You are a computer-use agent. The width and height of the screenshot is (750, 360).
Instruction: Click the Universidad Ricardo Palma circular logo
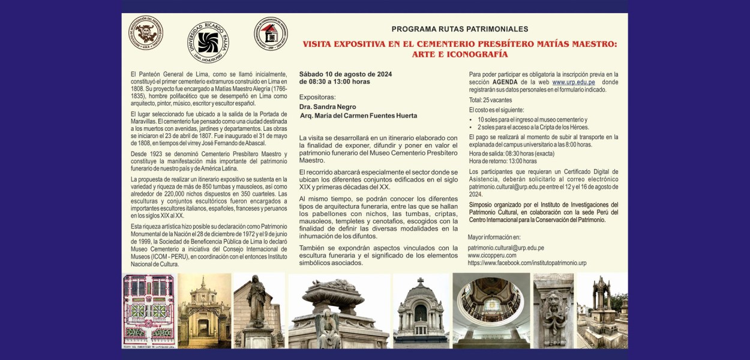[208, 42]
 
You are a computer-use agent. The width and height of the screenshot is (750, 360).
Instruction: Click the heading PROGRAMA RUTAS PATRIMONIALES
[460, 29]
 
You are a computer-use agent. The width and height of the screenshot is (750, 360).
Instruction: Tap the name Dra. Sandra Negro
[328, 107]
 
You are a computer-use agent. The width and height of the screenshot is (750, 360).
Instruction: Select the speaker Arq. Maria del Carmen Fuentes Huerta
[358, 116]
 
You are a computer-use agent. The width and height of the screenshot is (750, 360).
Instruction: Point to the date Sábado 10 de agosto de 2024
[346, 74]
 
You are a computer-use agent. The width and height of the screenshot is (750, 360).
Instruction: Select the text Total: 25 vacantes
[491, 100]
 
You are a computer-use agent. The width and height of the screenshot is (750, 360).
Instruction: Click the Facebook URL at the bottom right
[527, 263]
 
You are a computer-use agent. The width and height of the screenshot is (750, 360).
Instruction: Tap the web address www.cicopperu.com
[492, 255]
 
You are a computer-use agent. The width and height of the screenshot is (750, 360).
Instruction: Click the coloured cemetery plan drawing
[149, 311]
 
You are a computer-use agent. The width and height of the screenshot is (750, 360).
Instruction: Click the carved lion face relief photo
[553, 310]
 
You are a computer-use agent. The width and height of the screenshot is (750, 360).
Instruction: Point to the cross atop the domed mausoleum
[421, 281]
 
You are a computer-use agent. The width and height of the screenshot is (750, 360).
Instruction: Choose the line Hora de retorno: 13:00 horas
[494, 161]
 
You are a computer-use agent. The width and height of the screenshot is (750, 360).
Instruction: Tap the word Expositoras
[317, 97]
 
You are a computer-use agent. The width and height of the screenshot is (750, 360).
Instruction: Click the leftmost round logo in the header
[146, 32]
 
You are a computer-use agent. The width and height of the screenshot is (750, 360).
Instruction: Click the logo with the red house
[271, 34]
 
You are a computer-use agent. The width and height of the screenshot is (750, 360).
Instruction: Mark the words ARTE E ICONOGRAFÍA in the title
[460, 55]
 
